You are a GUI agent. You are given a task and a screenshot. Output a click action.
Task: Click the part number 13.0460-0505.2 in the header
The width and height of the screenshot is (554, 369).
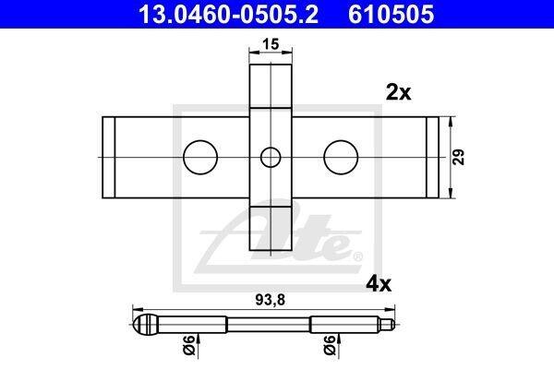228,14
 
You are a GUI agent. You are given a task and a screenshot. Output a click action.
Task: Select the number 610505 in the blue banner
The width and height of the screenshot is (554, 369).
391,14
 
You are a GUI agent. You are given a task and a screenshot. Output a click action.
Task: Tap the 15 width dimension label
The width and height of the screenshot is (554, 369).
271,44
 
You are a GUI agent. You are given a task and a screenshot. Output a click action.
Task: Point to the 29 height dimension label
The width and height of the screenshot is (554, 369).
459,157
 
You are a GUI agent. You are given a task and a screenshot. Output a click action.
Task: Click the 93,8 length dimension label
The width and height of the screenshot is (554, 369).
270,300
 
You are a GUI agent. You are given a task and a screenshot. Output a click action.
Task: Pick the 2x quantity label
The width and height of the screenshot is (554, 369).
399,93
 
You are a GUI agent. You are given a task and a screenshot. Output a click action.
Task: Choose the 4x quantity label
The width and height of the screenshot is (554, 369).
379,284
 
